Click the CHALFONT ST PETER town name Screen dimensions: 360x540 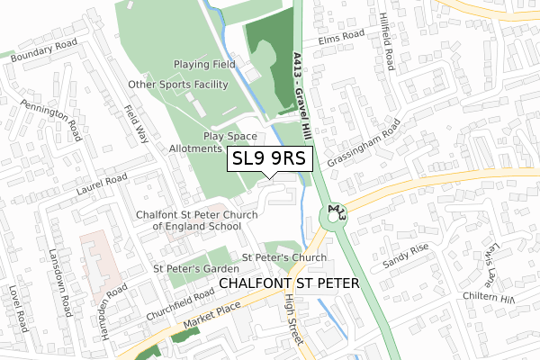pyautogui.click(x=289, y=283)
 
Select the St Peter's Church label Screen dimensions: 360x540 pyautogui.click(x=283, y=257)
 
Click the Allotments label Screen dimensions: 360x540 pyautogui.click(x=195, y=148)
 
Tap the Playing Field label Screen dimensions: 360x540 pyautogui.click(x=204, y=65)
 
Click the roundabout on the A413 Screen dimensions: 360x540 pyautogui.click(x=336, y=216)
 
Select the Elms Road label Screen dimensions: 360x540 pyautogui.click(x=340, y=39)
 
